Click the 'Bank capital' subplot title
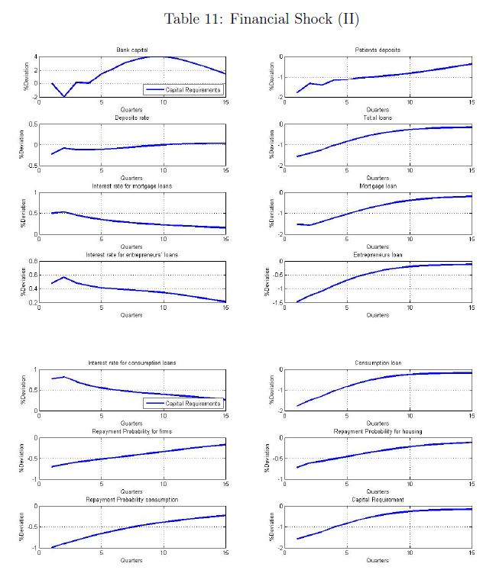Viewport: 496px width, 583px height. (131, 50)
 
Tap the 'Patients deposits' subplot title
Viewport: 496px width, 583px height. (378, 50)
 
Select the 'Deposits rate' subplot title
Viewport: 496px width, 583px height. (131, 118)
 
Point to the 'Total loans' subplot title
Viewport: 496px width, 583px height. (378, 118)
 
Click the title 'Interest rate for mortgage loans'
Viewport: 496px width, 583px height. (131, 186)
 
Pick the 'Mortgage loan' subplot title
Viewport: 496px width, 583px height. (378, 186)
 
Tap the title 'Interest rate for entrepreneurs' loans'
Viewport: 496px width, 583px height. (131, 254)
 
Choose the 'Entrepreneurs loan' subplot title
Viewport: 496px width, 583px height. (378, 254)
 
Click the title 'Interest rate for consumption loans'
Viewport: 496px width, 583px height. (131, 362)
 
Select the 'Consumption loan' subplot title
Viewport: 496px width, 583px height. (378, 362)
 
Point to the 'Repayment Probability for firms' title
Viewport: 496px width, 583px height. (131, 431)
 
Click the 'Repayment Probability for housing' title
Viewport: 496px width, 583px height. (378, 431)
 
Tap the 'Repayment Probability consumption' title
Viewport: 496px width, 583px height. (131, 499)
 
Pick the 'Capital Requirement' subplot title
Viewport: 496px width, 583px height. (378, 499)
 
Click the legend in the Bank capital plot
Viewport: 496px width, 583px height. (183, 90)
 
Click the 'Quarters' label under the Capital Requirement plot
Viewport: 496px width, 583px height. (378, 560)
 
